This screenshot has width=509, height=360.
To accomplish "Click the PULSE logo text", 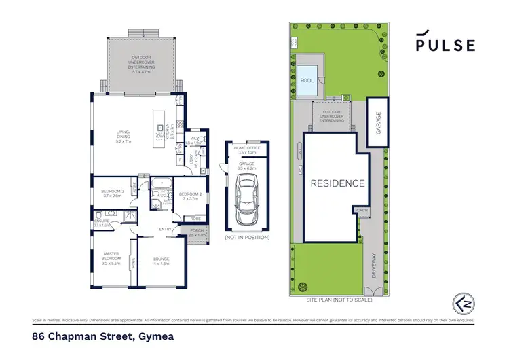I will (445, 44).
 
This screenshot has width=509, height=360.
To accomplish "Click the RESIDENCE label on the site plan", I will (338, 183).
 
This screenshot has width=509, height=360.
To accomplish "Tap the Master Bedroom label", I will (111, 259).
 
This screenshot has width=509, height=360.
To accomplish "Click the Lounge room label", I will (162, 261).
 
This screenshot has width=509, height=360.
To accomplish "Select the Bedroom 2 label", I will (187, 196).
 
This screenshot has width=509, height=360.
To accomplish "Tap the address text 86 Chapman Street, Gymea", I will (93, 336).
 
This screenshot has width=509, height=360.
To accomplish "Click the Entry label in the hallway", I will (165, 229).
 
